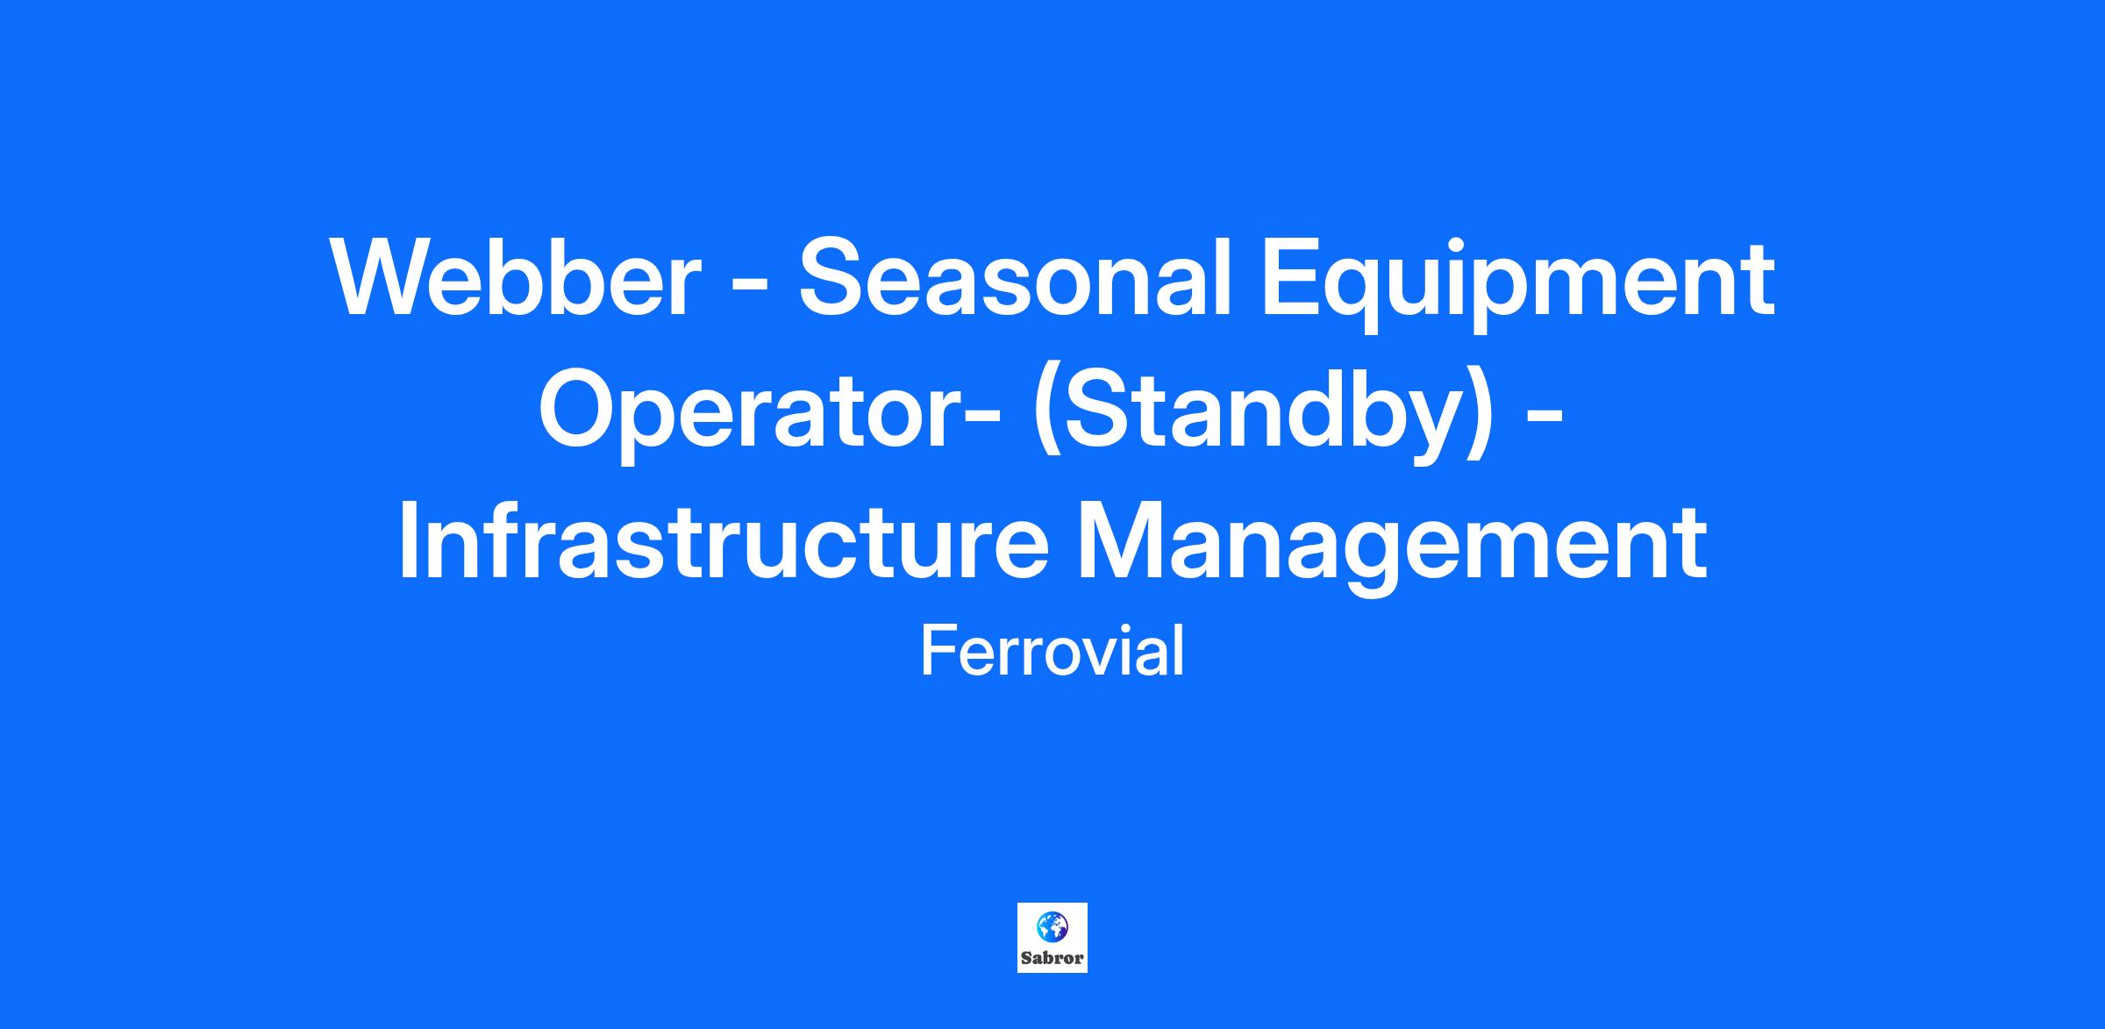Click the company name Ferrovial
pos(1052,651)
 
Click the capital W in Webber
pos(387,279)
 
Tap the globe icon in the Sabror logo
pos(1052,925)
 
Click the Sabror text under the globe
pos(1052,958)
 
